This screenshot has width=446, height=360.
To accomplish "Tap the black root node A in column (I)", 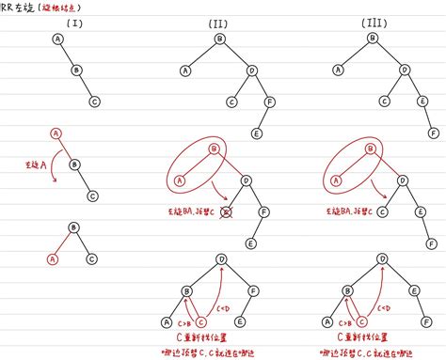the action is [57, 39].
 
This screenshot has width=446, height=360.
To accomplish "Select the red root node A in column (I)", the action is [57, 134].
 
